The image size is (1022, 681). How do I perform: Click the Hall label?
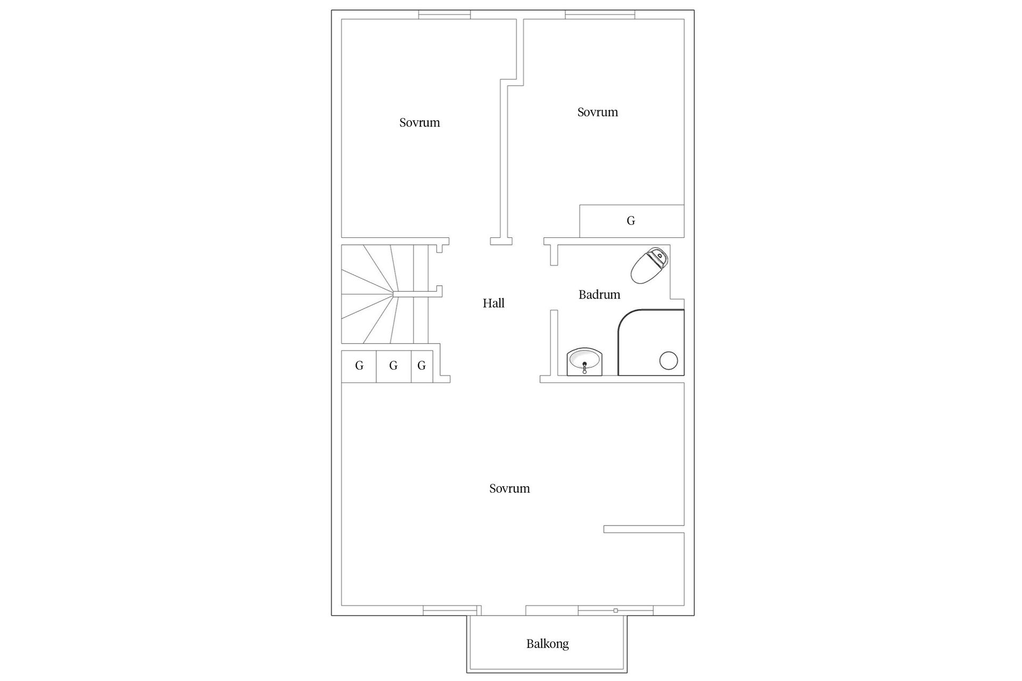tap(493, 303)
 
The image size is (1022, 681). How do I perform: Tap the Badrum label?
tap(599, 295)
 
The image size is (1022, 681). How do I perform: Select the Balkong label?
tap(547, 644)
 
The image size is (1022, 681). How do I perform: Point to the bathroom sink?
tap(584, 362)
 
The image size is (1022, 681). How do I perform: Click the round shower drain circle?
tap(669, 361)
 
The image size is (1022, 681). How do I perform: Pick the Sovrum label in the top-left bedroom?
tap(419, 122)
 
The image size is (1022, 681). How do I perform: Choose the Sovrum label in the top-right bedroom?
tap(597, 112)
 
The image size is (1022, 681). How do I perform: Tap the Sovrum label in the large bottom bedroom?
tap(509, 488)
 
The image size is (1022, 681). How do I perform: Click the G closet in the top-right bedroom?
tap(631, 221)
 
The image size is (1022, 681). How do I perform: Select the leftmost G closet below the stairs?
tap(359, 366)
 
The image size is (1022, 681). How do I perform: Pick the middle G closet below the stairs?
tap(393, 366)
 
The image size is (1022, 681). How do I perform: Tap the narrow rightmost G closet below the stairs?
tap(422, 366)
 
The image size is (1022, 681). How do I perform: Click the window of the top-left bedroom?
tap(444, 15)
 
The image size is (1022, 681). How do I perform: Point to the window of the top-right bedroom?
tap(600, 15)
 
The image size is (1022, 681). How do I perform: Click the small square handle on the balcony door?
tap(615, 611)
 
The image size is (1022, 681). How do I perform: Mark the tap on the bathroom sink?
tap(584, 367)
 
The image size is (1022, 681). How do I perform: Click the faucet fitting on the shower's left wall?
tap(619, 340)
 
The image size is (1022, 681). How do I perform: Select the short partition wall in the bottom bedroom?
tap(644, 529)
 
